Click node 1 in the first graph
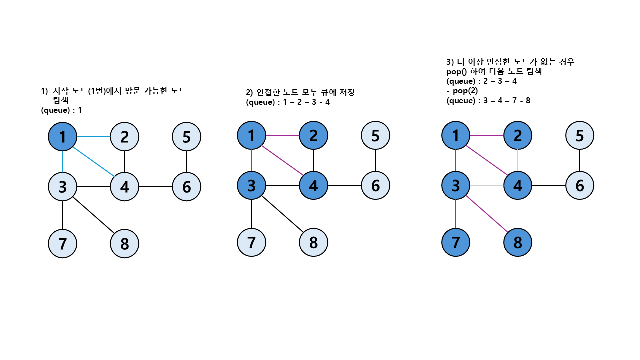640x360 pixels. tap(62, 136)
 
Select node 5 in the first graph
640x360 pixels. tap(186, 136)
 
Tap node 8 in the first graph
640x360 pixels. tap(124, 244)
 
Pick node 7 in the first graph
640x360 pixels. tap(62, 243)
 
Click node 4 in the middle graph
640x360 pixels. tap(313, 185)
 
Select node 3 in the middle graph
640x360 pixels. tap(251, 185)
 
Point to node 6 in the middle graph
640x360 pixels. tap(375, 185)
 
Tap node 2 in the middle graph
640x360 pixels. tap(313, 135)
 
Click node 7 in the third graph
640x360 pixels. tap(456, 243)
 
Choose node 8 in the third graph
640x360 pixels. tap(518, 243)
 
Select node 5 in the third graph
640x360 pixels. tap(580, 135)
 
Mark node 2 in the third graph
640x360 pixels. tap(518, 135)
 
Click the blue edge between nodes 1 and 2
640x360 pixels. tap(93, 136)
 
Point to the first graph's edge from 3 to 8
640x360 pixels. tap(93, 215)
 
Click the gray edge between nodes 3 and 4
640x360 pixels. tap(487, 185)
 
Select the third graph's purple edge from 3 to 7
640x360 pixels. tap(456, 214)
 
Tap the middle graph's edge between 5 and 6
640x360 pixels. tap(375, 160)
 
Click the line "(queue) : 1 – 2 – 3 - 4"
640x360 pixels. tap(288, 102)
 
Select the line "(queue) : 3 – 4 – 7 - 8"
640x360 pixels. tap(488, 100)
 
